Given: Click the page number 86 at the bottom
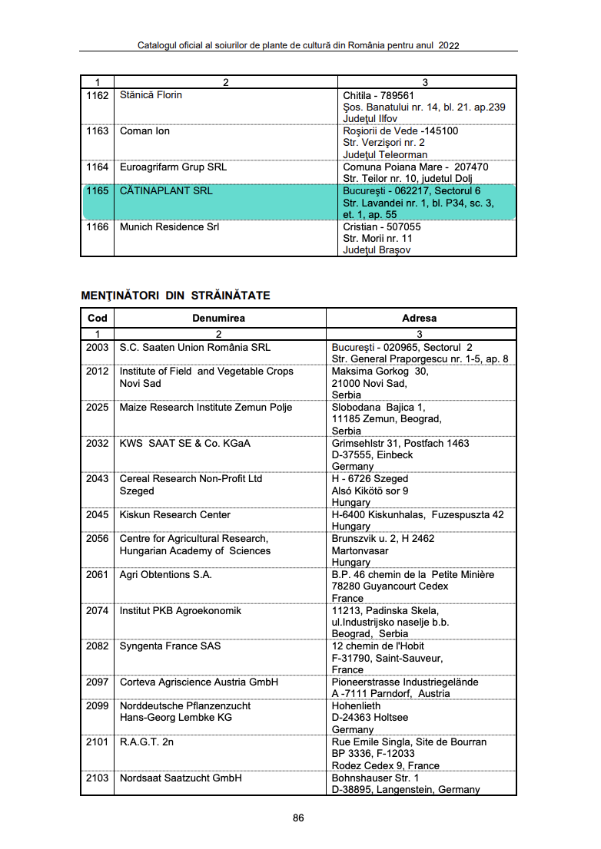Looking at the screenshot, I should (298, 818).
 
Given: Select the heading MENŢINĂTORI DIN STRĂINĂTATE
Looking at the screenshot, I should (175, 296).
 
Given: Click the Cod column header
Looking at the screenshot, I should (98, 318).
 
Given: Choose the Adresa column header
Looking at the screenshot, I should (419, 318).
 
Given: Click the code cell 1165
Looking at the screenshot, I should (98, 190).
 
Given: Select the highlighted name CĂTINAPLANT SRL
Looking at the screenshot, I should (166, 190).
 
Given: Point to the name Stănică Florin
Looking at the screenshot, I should (151, 95).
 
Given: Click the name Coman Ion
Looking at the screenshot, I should (144, 131).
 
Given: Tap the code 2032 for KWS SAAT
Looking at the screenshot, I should (98, 443).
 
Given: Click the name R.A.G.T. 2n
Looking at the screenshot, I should (146, 742).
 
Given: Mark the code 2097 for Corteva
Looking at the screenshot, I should (98, 682).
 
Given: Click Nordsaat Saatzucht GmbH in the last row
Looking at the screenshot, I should (181, 778).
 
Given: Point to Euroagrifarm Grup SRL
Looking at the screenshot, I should (173, 167).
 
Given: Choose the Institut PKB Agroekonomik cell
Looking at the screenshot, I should (180, 610).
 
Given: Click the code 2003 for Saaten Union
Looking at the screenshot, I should (98, 347).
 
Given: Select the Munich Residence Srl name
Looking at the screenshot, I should (169, 227).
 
